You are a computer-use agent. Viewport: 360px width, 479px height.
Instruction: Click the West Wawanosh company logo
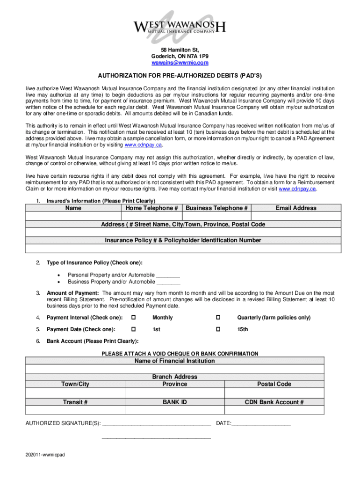pos(180,23)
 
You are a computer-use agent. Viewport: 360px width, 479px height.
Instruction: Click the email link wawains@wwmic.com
pos(180,63)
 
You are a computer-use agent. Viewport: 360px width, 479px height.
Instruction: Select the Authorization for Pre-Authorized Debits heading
pos(180,75)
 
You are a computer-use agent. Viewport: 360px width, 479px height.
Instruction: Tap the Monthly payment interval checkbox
pos(133,318)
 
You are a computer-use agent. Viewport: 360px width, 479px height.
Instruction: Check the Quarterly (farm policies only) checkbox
pos(218,318)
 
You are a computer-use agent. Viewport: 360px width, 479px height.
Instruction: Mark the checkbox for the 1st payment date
pos(133,329)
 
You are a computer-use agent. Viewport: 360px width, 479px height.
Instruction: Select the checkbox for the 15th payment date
pos(218,329)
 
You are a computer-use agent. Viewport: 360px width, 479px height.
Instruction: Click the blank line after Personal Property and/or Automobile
pos(168,275)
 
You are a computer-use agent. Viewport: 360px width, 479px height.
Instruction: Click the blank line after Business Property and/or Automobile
pos(168,282)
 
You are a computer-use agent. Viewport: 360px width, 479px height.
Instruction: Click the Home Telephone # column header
pos(151,208)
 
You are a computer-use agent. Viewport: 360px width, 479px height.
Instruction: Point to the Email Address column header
pos(296,208)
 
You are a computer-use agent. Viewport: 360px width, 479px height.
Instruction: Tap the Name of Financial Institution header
pos(175,361)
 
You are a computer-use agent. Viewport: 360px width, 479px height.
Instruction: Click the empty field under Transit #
pos(75,410)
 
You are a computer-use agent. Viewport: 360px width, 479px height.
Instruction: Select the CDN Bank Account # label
pos(274,402)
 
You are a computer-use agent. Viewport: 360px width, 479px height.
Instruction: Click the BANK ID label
pos(175,402)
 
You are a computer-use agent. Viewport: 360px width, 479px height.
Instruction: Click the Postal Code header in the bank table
pos(274,384)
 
